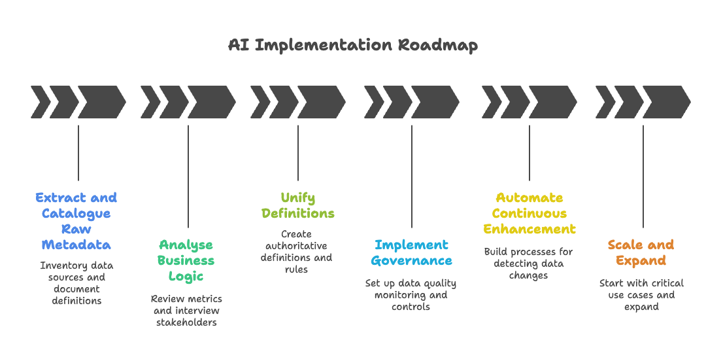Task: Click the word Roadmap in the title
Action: click(437, 45)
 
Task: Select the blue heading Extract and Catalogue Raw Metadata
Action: click(76, 221)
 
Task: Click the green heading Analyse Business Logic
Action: click(186, 260)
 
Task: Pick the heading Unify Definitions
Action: click(298, 205)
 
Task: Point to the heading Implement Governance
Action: click(411, 252)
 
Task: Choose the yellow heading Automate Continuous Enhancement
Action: click(529, 213)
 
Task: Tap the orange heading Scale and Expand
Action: click(641, 252)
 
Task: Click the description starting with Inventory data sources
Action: click(76, 283)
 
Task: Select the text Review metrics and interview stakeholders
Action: click(186, 310)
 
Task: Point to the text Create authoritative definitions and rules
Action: click(297, 251)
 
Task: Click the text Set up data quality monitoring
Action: click(411, 295)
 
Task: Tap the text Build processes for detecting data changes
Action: click(528, 264)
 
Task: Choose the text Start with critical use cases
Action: click(641, 295)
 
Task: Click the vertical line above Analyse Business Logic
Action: click(188, 177)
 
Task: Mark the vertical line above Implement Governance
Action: click(412, 177)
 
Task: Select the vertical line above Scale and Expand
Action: click(643, 177)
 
